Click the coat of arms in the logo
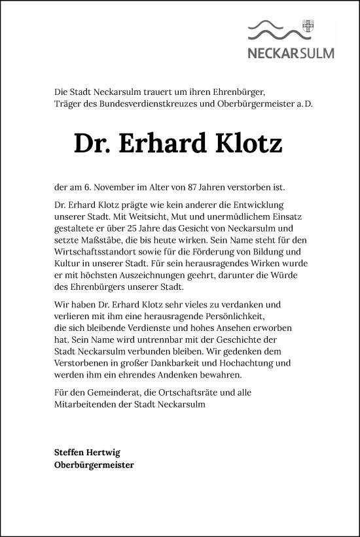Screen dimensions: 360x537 click(x=309, y=27)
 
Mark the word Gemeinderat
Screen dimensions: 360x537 click(x=111, y=392)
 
